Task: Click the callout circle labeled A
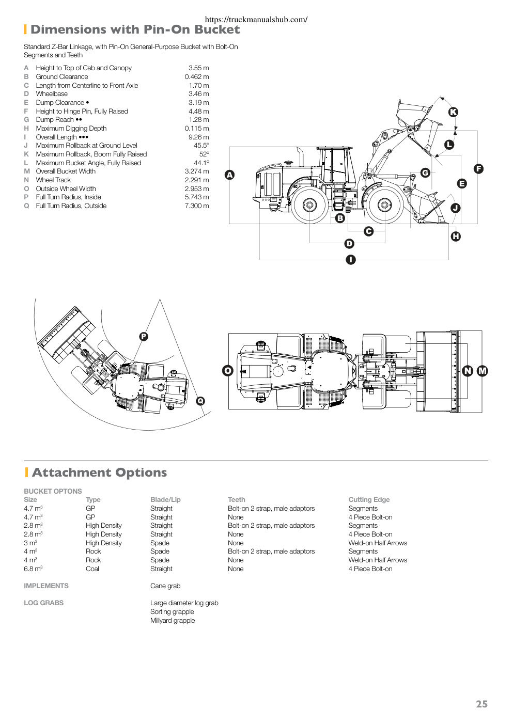229,175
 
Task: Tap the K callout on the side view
453,112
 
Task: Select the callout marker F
478,169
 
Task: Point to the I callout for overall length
350,260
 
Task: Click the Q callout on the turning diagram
200,401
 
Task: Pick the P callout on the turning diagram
144,337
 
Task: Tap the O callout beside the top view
228,371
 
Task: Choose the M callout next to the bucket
483,371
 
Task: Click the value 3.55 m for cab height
199,68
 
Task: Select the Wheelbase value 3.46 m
199,94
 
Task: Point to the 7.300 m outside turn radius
197,206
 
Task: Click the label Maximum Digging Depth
71,129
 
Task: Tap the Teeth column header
237,499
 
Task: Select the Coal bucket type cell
92,569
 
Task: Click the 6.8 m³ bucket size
33,569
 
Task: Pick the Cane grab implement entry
165,586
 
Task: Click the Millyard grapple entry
173,621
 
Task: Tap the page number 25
481,704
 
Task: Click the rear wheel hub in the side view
309,205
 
